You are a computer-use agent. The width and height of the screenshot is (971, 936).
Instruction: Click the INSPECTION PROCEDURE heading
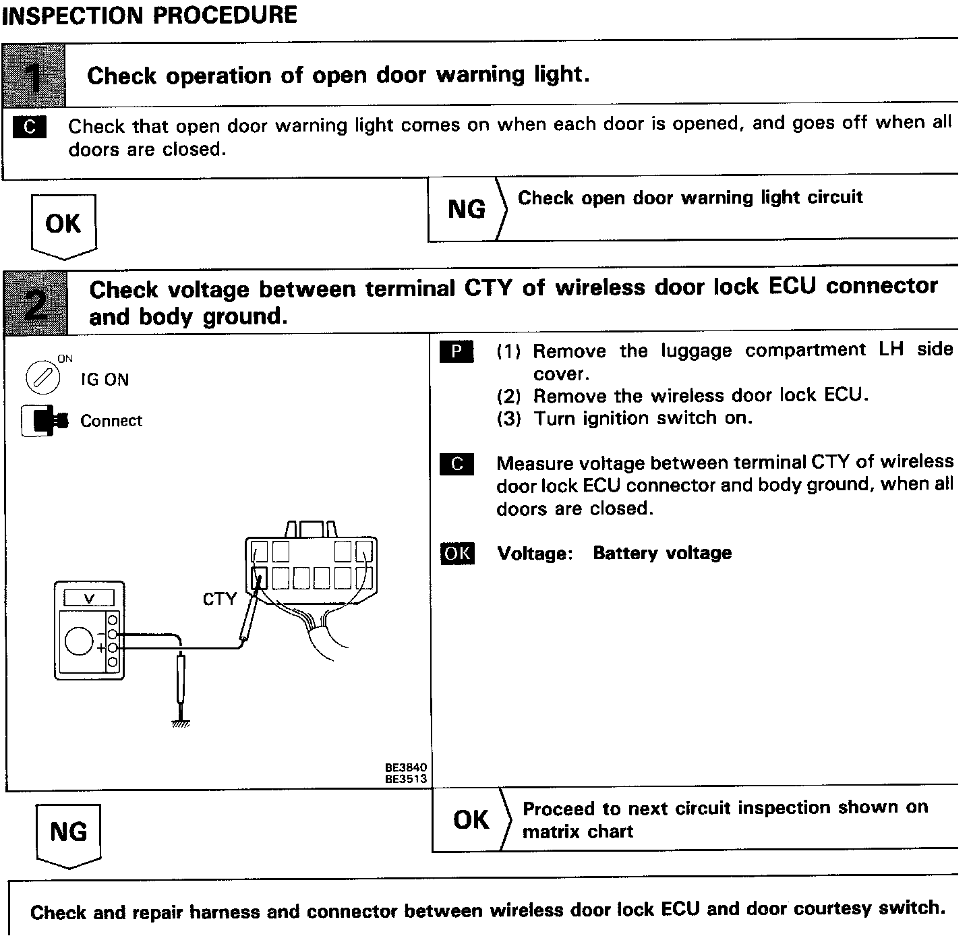pos(149,14)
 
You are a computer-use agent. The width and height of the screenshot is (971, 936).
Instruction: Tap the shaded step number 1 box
pos(34,76)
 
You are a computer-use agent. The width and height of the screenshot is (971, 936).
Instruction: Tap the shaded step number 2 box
pos(36,302)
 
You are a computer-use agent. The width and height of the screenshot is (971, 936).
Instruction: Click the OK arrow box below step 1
pos(63,225)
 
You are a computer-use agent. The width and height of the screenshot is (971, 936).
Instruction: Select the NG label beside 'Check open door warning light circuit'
pos(466,210)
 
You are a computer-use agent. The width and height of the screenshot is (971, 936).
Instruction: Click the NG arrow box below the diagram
pos(68,833)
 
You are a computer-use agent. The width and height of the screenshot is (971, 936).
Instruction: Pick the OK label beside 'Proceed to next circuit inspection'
pos(471,820)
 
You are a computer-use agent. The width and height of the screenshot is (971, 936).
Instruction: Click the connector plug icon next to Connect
pos(45,421)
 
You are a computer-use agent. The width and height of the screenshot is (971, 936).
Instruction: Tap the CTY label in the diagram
pos(220,599)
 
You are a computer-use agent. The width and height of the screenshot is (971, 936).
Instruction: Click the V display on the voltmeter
pos(88,598)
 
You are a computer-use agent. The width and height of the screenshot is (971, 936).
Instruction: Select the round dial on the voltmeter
pos(79,641)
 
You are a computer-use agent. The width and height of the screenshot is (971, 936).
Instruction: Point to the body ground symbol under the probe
pos(180,724)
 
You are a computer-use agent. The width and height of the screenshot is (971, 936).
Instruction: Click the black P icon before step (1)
pos(457,351)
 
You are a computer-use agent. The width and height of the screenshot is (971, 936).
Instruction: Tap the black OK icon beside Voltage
pos(457,554)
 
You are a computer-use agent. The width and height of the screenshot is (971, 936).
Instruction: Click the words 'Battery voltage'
pos(662,553)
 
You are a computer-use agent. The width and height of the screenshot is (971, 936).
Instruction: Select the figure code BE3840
pos(406,768)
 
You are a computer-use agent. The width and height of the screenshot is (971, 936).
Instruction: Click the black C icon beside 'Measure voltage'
pos(457,464)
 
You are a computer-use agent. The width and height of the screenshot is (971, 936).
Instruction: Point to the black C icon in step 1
pos(30,127)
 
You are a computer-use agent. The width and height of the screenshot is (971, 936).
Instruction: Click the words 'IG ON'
pos(105,380)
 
